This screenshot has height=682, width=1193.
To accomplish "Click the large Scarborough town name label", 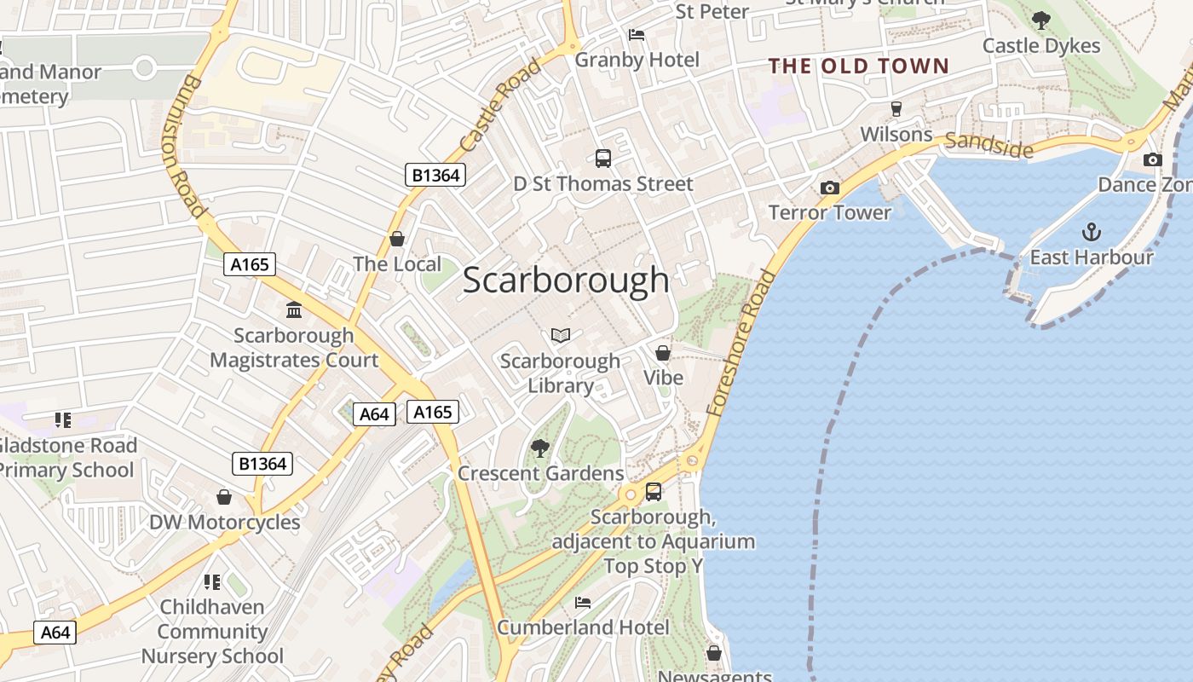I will click(x=566, y=280).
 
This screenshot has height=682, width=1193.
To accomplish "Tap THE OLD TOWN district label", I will click(x=858, y=66).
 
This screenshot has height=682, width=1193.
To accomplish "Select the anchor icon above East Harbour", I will click(x=1091, y=231).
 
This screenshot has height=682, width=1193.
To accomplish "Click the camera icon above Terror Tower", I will click(x=829, y=188).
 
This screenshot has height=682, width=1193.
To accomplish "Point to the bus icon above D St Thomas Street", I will click(x=602, y=158).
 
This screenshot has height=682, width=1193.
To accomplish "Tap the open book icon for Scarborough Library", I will click(x=560, y=336).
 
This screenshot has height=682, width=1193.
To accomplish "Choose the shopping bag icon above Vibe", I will click(x=662, y=352).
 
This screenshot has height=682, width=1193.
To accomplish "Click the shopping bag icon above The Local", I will click(x=396, y=239).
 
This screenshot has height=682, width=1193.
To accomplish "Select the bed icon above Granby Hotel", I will click(x=637, y=35).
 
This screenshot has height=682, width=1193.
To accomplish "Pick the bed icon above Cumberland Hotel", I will click(x=583, y=603).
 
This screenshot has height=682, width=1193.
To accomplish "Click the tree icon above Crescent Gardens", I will click(x=539, y=448).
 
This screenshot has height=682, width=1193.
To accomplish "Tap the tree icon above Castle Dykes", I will click(x=1040, y=20).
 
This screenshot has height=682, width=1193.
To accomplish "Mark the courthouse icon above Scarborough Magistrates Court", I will click(x=294, y=309).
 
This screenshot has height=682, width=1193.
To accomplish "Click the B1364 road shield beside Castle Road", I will click(x=435, y=176).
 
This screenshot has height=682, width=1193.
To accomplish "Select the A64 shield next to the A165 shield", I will click(x=374, y=414).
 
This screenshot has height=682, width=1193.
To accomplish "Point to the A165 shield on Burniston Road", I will click(x=250, y=264).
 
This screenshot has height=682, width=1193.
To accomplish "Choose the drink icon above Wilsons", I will click(x=896, y=108).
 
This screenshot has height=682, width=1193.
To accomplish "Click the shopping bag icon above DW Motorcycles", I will click(x=224, y=496).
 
